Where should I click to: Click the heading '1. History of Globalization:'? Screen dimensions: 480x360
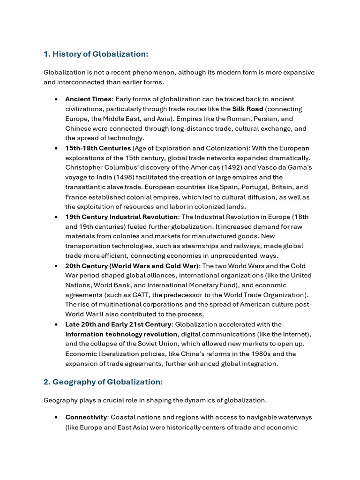click(x=96, y=54)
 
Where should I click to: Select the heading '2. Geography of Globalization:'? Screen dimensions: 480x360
click(x=103, y=382)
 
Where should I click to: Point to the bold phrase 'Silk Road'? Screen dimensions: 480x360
click(x=247, y=109)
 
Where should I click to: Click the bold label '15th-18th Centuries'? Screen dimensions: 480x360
click(x=98, y=148)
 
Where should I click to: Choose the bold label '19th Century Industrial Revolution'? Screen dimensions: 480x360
click(x=121, y=217)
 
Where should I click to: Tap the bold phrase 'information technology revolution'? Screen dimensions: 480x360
click(x=121, y=334)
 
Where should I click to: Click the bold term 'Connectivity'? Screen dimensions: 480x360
click(x=86, y=417)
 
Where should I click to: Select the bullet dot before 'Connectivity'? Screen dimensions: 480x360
click(x=56, y=417)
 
